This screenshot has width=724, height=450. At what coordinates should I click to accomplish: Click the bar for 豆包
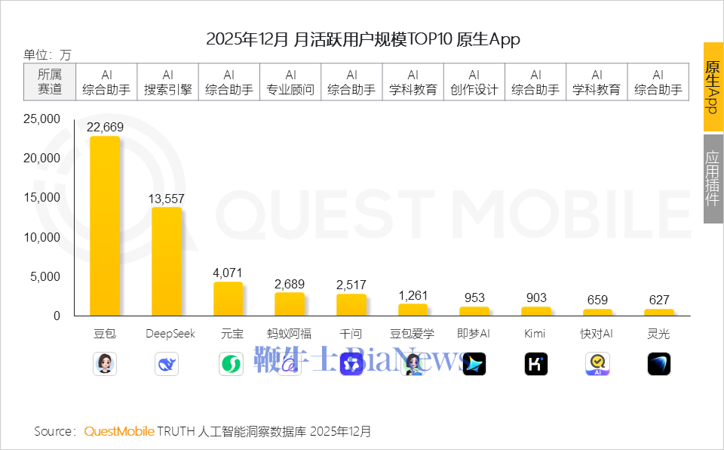(105, 226)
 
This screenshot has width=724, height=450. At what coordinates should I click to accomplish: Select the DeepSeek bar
(167, 261)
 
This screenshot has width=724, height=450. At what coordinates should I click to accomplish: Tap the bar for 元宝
(229, 299)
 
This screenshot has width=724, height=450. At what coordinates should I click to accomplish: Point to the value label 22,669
(105, 127)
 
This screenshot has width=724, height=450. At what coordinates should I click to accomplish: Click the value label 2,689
(290, 284)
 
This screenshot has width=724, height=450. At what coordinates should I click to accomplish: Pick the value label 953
(474, 297)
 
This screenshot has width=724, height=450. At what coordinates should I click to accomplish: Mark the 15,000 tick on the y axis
(42, 198)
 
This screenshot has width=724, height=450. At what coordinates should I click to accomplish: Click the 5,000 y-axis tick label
(46, 276)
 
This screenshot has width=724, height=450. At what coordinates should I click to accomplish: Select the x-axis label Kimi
(535, 334)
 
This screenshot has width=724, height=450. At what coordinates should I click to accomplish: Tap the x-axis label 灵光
(658, 334)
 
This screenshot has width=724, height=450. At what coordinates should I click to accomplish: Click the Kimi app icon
(535, 364)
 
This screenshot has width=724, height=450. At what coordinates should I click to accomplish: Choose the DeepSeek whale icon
(167, 364)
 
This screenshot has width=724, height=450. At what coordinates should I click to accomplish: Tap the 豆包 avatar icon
(105, 364)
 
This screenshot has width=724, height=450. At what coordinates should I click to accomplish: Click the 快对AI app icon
(597, 364)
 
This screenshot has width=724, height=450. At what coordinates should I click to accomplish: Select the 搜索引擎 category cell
(167, 82)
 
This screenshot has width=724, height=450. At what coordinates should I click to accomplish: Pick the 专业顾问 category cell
(290, 82)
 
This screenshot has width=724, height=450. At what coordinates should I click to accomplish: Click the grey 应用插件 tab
(713, 179)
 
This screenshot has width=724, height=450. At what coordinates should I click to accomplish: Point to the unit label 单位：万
(48, 54)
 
